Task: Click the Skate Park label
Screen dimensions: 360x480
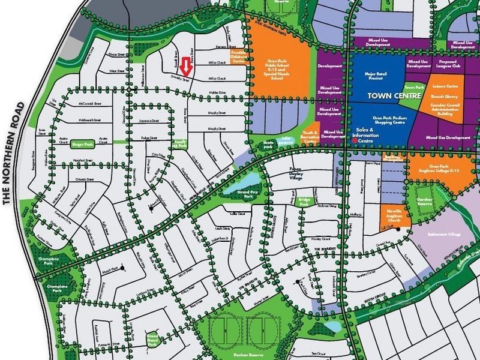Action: (269, 145)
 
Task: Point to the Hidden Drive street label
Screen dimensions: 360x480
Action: (217, 92)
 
